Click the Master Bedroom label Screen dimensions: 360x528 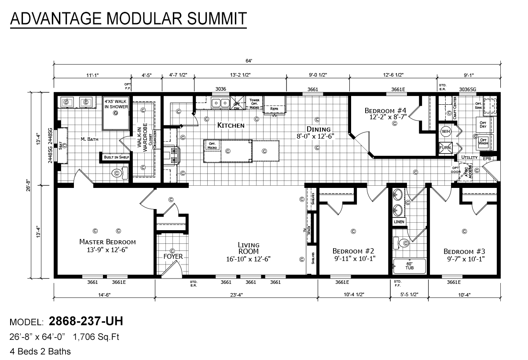tap(107, 242)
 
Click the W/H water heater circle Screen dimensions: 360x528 tap(445, 131)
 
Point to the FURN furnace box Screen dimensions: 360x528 tap(445, 148)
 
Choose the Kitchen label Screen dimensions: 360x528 tap(231, 125)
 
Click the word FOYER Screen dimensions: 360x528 tap(172, 257)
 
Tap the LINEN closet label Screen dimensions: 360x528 tap(399, 222)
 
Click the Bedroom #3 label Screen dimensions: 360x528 tap(464, 251)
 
